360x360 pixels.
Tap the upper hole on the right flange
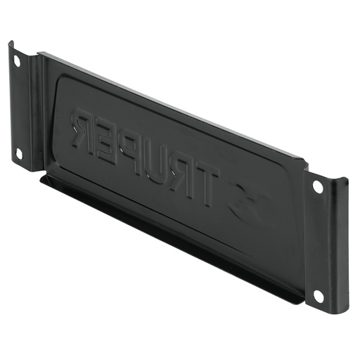pyautogui.click(x=318, y=188)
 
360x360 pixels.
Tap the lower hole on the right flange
pyautogui.click(x=318, y=296)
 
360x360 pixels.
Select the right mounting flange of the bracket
pyautogui.click(x=326, y=243)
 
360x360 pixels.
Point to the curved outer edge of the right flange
pyautogui.click(x=345, y=239)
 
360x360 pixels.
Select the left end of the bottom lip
pyautogui.click(x=42, y=179)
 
